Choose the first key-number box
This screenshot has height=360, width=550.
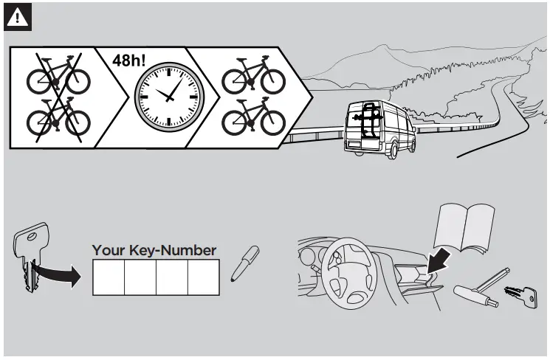click(108, 278)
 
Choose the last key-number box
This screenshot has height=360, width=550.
click(203, 278)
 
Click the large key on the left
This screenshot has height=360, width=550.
click(30, 255)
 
